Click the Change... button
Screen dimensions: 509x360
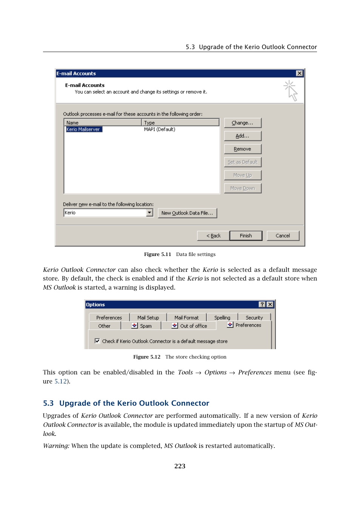(x=242, y=123)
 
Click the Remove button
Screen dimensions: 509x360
(x=242, y=149)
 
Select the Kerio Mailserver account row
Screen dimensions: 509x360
(x=83, y=129)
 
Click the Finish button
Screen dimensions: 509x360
(x=246, y=236)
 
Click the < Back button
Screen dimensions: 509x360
(x=213, y=236)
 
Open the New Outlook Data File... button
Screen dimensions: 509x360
(x=187, y=213)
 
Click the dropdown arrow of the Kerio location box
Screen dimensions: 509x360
(x=149, y=213)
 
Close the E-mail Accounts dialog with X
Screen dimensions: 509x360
(x=299, y=74)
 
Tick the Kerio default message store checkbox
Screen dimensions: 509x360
(x=97, y=341)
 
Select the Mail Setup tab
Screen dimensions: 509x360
(x=148, y=317)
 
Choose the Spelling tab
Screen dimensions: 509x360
(x=222, y=317)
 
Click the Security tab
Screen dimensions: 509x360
(x=254, y=317)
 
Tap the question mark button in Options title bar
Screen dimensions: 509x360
(x=262, y=304)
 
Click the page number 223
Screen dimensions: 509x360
(x=180, y=466)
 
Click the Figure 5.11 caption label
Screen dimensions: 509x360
(x=157, y=255)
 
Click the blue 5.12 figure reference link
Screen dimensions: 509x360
(x=60, y=381)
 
